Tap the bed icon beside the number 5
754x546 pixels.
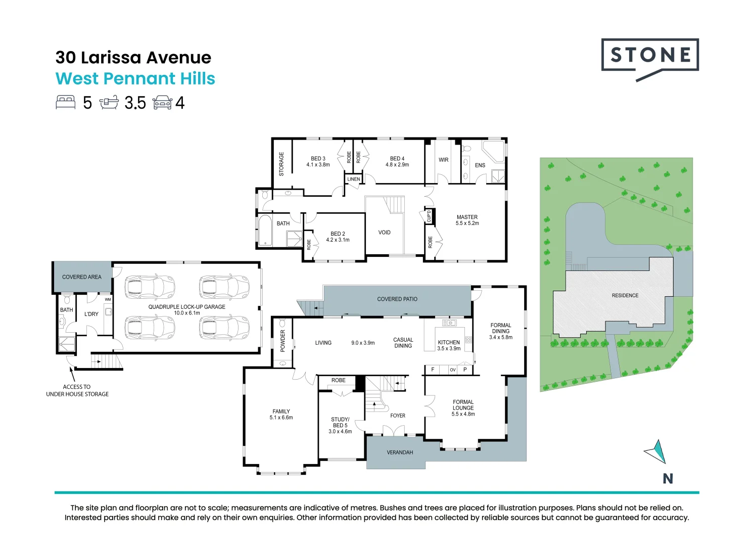click(66, 103)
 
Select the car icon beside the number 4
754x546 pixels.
click(163, 103)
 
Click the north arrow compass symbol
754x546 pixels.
click(655, 451)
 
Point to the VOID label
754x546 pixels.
click(385, 233)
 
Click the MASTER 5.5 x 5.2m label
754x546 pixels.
click(467, 220)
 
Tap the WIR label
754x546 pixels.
click(443, 160)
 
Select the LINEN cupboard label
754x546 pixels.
click(353, 179)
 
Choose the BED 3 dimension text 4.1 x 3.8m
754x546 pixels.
click(318, 165)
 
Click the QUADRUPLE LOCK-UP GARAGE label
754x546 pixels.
click(187, 307)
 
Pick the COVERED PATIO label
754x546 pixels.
click(397, 299)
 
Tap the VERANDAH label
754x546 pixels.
click(400, 452)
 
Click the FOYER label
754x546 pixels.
click(398, 416)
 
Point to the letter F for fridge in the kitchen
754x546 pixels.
click(433, 370)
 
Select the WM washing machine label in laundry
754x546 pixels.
click(108, 299)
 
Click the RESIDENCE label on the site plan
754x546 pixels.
click(625, 295)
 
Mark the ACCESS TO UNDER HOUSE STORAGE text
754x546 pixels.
click(77, 390)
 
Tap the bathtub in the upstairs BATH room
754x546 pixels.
click(265, 231)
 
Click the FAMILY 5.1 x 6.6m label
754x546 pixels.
click(281, 414)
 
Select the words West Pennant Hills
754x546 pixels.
click(135, 78)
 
